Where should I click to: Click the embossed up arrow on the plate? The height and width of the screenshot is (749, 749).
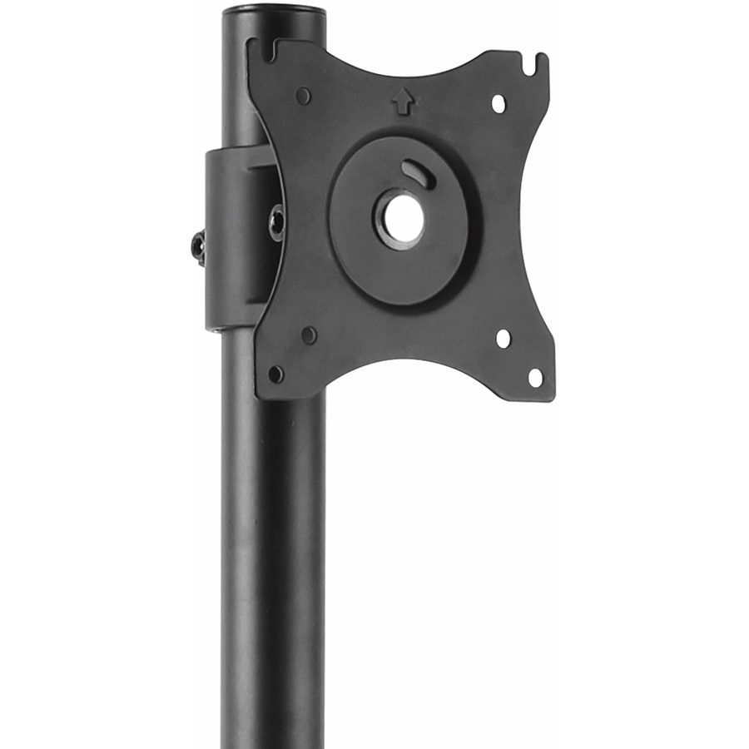pos(403,102)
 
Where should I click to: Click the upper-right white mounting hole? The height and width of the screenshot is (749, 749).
pos(498,104)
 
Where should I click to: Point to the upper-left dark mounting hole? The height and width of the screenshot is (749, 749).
pos(303,96)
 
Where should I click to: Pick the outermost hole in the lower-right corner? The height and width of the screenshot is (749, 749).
pos(535,377)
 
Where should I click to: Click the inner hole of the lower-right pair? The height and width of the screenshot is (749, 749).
pos(503,338)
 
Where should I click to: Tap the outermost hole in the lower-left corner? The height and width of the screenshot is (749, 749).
pos(275,374)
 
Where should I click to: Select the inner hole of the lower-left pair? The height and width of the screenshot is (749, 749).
pos(309,335)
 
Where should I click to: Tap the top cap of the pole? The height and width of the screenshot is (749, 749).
pos(273,11)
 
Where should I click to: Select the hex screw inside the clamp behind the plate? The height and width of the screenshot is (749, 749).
pos(276,223)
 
